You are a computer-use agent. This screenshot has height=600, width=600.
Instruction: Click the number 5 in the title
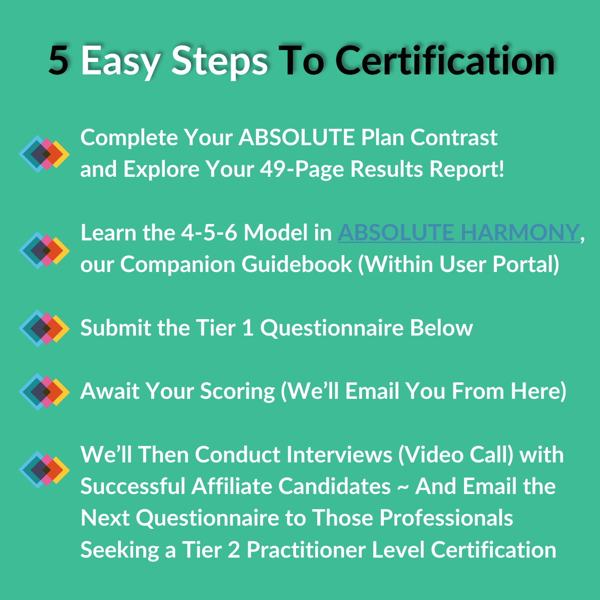coord(58,60)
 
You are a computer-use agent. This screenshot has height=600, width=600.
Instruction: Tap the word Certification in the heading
coord(445,60)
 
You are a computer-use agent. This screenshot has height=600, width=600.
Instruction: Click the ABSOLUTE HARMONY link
coord(459,233)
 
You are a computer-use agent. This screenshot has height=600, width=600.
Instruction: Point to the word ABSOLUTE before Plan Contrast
coord(296,138)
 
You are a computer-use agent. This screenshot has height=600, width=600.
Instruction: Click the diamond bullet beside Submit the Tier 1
coord(44,328)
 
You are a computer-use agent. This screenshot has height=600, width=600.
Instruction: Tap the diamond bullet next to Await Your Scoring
coord(44,392)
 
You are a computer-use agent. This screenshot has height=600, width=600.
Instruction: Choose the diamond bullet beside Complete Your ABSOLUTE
coord(44,154)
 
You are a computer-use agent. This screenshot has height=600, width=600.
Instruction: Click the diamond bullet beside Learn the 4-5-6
coord(44,250)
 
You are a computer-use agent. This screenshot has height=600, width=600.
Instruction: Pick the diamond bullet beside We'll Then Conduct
coord(44,470)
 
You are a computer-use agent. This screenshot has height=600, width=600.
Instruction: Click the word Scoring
coord(238,392)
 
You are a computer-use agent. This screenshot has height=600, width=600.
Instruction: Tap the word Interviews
coord(339,455)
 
